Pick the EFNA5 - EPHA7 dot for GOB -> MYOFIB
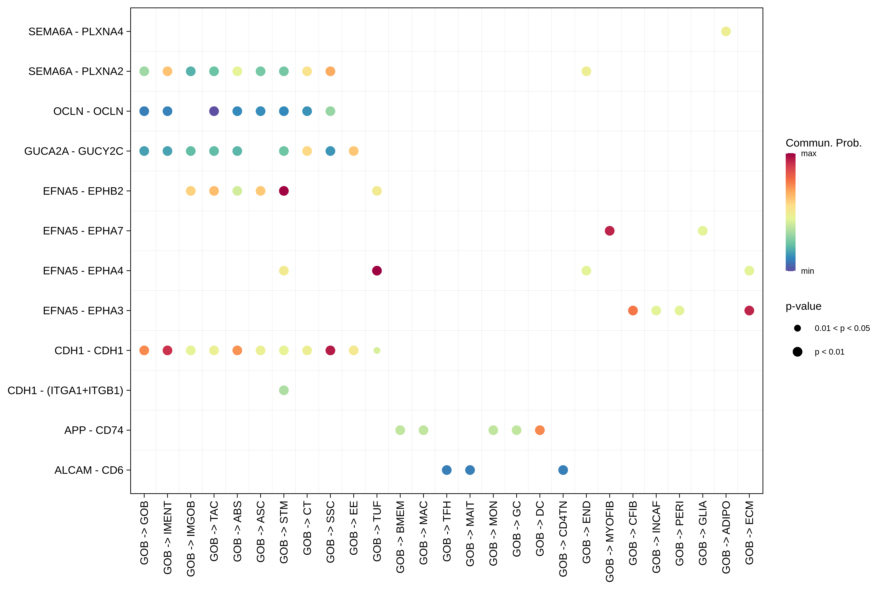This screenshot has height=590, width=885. click(609, 231)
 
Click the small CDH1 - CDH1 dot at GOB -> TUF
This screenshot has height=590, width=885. click(377, 350)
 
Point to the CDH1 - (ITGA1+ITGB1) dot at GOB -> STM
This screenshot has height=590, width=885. click(284, 390)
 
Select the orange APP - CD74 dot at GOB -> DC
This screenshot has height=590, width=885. click(540, 430)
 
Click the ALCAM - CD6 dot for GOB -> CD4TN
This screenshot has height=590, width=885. click(563, 470)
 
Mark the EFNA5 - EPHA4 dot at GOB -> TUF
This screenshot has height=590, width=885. click(377, 271)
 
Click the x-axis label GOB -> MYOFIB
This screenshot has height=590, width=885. click(609, 541)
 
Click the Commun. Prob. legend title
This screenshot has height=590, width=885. click(823, 143)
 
